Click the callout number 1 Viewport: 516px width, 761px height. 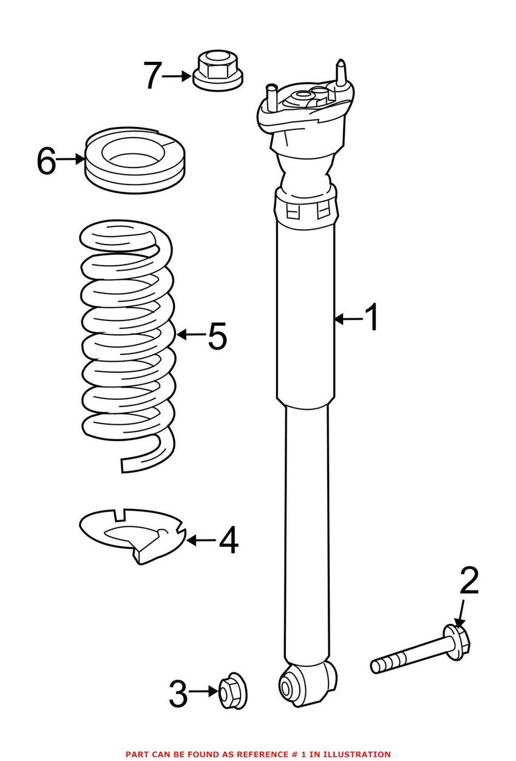pos(372,318)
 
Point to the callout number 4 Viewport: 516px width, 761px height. pos(228,540)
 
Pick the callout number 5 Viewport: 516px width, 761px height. pos(217,336)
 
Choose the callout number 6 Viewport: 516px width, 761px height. pos(46,160)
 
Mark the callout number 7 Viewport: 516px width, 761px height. pos(152,76)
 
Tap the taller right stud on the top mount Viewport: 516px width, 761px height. pos(341,74)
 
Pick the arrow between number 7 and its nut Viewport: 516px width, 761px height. pos(177,76)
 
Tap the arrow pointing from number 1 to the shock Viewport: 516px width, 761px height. pos(348,318)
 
